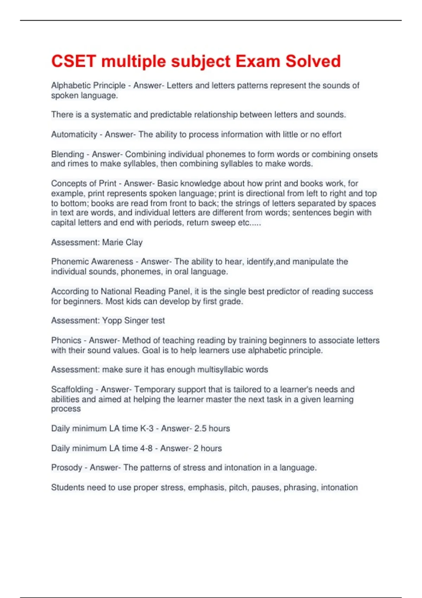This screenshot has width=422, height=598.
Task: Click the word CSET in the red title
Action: pyautogui.click(x=73, y=61)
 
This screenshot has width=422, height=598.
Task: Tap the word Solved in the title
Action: pyautogui.click(x=313, y=61)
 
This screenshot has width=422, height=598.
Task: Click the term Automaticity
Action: pyautogui.click(x=74, y=134)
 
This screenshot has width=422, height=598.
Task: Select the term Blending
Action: pyautogui.click(x=68, y=154)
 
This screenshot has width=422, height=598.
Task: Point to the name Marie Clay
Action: pyautogui.click(x=122, y=242)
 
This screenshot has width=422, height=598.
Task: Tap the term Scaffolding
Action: pyautogui.click(x=72, y=389)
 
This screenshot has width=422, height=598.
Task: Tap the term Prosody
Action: pyautogui.click(x=66, y=467)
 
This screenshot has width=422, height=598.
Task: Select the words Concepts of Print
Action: pyautogui.click(x=84, y=183)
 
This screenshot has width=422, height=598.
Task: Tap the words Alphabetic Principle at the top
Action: pyautogui.click(x=88, y=85)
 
